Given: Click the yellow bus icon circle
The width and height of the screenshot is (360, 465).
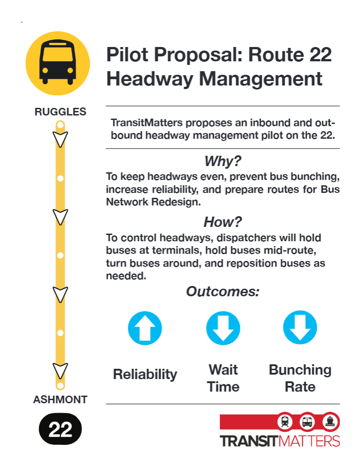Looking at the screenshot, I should (58, 63).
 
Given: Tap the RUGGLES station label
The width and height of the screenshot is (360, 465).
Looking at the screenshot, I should (60, 112).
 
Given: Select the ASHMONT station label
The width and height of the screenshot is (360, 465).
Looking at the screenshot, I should (60, 400).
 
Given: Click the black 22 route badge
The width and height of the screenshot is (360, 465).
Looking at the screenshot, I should (60, 429).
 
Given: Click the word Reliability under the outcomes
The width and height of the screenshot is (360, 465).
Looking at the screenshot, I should (145, 374).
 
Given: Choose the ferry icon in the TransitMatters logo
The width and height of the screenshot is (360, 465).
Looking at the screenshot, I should (330, 422).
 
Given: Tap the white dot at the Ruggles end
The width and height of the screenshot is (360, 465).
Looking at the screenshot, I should (61, 125).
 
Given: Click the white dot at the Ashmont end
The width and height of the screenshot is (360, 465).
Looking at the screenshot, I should (60, 385).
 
